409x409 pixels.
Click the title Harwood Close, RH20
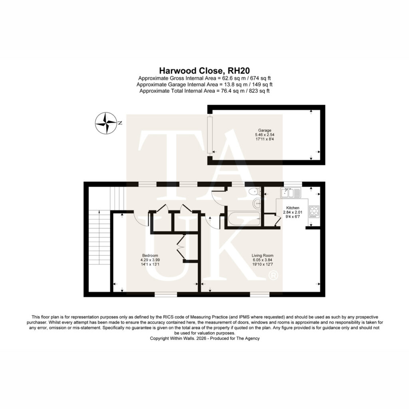pyautogui.click(x=204, y=71)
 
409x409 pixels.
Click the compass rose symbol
pyautogui.click(x=105, y=123)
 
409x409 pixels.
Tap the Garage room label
pyautogui.click(x=264, y=130)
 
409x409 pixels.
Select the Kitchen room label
pyautogui.click(x=293, y=208)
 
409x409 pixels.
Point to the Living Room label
pyautogui.click(x=262, y=256)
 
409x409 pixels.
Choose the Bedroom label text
pyautogui.click(x=150, y=256)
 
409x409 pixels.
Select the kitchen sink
pyautogui.click(x=291, y=193)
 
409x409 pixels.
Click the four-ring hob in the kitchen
pyautogui.click(x=314, y=212)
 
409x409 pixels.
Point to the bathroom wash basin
pyautogui.click(x=257, y=203)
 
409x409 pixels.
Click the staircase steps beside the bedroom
pyautogui.click(x=99, y=237)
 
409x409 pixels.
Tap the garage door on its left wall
pyautogui.click(x=209, y=135)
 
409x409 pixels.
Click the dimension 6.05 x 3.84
pyautogui.click(x=262, y=260)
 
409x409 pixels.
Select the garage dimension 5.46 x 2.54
pyautogui.click(x=264, y=135)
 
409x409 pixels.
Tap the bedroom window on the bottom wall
pyautogui.click(x=166, y=294)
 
